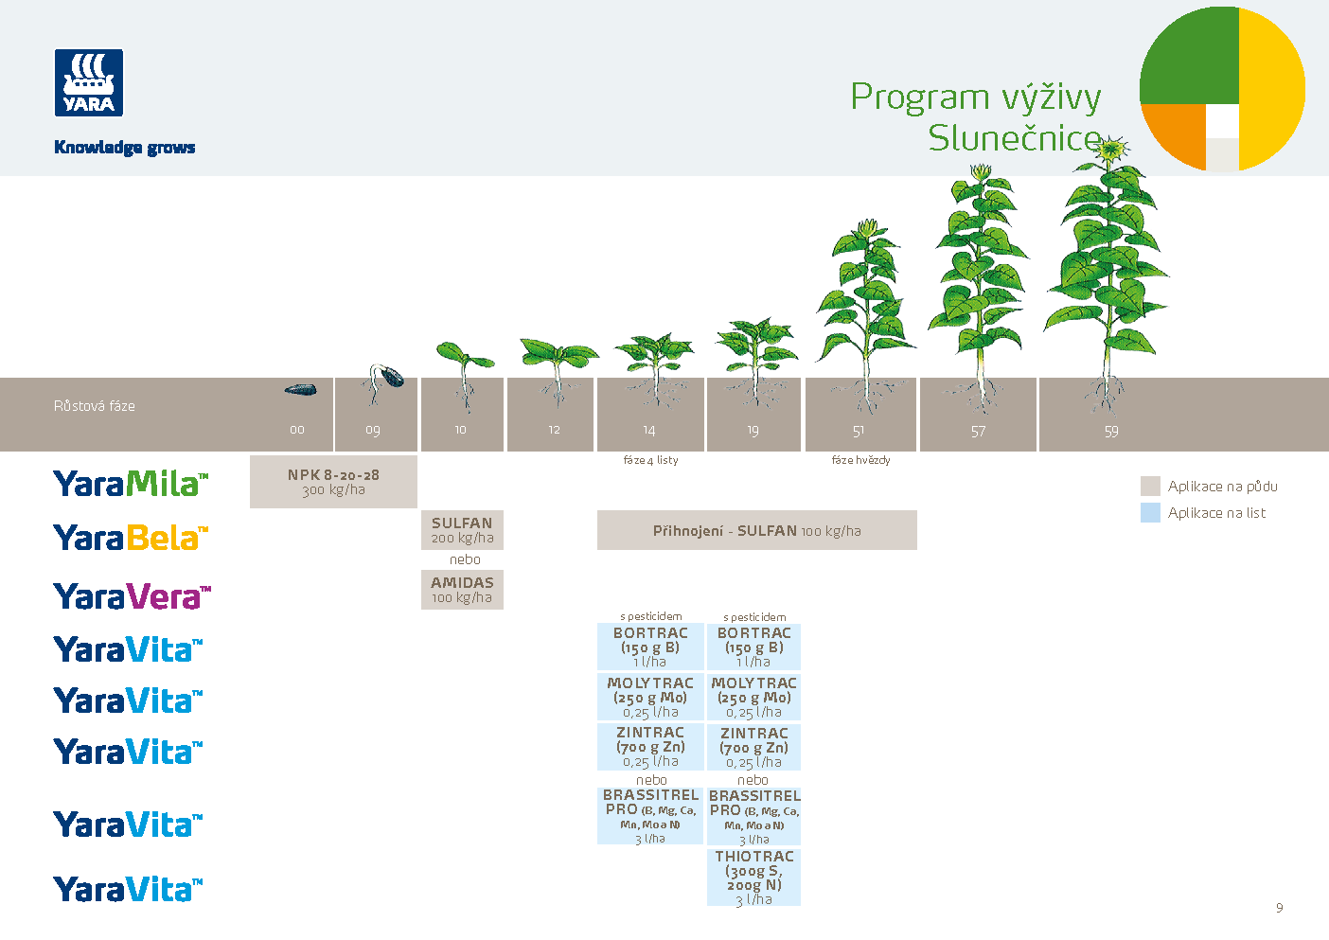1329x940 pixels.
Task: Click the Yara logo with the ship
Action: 89,83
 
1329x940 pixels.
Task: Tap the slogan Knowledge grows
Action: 124,148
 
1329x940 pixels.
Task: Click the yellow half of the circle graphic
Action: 1271,89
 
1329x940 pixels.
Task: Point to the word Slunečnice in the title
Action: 1014,138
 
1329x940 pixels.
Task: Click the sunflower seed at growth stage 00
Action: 301,389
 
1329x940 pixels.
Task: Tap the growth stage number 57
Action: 978,432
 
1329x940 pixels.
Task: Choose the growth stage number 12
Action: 554,431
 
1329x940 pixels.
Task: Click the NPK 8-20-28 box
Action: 333,482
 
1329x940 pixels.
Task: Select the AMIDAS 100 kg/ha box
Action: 462,590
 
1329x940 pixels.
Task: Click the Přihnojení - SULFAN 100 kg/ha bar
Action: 756,531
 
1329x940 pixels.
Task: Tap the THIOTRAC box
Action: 753,878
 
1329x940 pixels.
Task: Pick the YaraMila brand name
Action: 131,484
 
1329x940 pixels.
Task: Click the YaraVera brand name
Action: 132,596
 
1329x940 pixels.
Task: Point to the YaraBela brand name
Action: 131,538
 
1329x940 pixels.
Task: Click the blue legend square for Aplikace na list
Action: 1150,513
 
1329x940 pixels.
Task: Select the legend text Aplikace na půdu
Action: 1222,487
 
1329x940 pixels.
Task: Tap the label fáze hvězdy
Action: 860,460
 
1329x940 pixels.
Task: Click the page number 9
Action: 1279,908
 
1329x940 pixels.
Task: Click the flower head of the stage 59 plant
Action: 1113,149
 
